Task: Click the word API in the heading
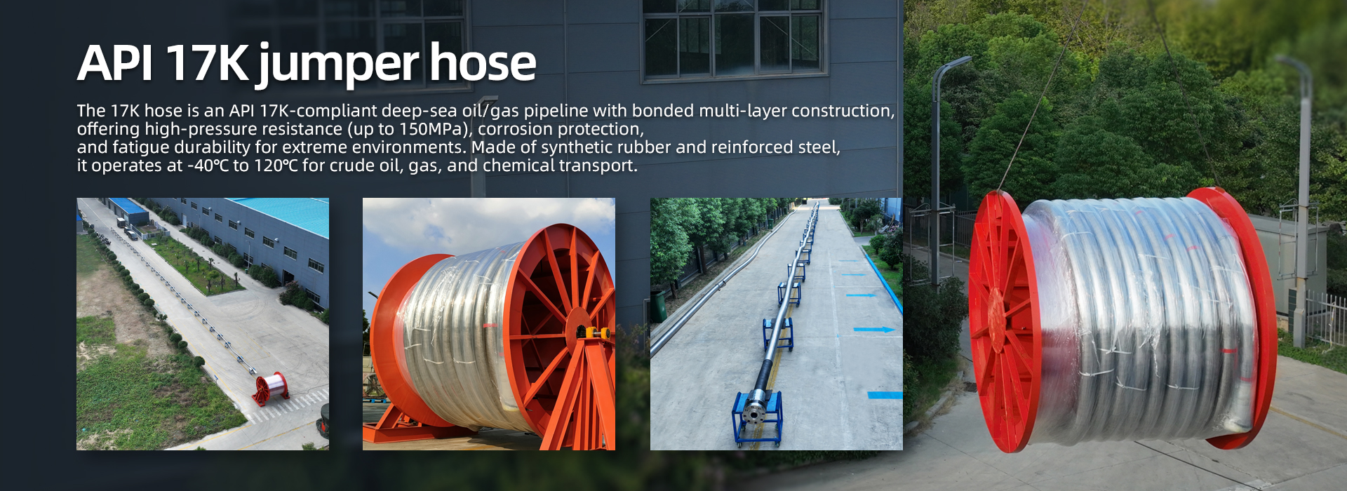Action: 115,64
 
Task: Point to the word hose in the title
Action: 483,62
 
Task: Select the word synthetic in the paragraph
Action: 607,147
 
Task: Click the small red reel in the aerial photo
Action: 271,388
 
